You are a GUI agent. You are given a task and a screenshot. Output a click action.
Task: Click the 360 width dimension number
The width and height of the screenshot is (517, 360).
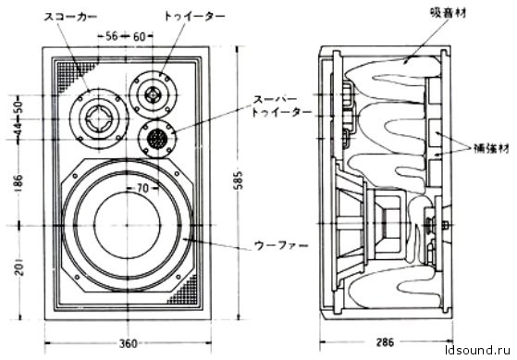[x=128, y=344]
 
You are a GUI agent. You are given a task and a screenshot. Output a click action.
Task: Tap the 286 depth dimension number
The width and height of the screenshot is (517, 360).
[x=385, y=342]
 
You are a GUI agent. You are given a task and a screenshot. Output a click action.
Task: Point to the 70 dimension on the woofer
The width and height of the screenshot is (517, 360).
[x=142, y=188]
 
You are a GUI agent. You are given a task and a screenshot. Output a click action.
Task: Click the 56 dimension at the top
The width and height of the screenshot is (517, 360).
[x=111, y=36]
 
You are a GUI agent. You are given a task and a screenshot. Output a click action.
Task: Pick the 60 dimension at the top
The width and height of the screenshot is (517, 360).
[x=139, y=37]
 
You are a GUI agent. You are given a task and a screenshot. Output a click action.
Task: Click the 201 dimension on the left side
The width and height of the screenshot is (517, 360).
[x=19, y=266]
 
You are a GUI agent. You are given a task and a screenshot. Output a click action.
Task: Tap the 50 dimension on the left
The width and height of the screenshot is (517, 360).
[x=18, y=107]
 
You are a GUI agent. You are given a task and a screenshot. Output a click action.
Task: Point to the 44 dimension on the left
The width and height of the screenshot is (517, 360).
[x=18, y=129]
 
